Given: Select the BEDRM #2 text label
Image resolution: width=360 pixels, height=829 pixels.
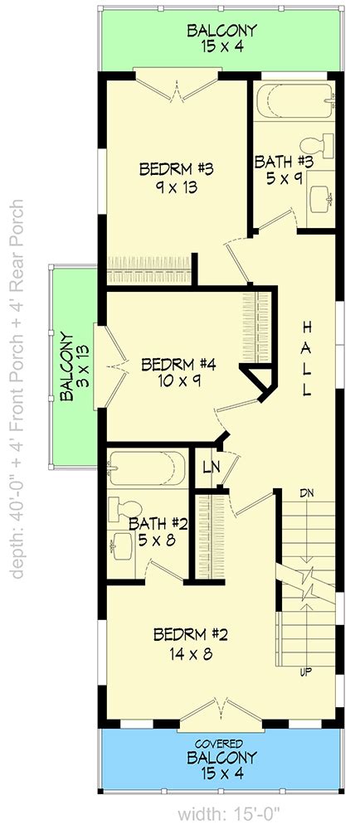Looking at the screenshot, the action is click(x=190, y=634).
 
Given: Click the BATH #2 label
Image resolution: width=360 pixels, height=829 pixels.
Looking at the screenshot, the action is click(x=158, y=524).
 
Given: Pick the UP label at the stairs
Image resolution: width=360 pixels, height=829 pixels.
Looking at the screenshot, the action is click(x=305, y=672).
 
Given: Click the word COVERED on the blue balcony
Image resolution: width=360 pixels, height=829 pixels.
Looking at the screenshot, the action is click(x=222, y=744).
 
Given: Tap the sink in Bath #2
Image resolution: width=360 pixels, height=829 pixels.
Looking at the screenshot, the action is click(x=122, y=545).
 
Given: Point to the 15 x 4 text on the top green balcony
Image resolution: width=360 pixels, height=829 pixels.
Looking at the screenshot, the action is click(x=222, y=46).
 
